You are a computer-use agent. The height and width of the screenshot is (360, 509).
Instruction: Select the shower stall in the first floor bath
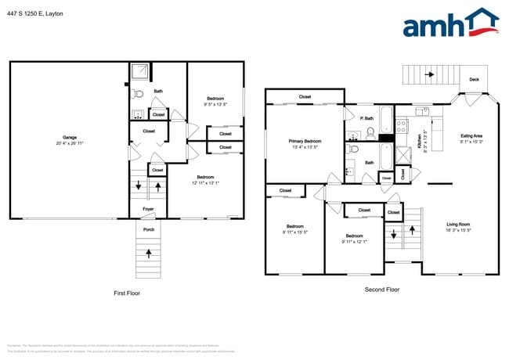(140, 72)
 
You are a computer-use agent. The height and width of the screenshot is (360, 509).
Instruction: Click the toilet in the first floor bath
(138, 93)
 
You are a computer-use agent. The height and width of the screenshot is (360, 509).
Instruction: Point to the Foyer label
(147, 210)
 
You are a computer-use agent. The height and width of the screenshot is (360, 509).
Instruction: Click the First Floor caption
(128, 293)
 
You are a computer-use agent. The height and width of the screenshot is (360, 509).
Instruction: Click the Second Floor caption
(382, 290)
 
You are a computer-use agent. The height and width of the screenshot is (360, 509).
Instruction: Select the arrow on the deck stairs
(428, 75)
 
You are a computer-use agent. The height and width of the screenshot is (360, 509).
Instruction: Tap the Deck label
(474, 80)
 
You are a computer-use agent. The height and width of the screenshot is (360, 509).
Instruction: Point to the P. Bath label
(366, 118)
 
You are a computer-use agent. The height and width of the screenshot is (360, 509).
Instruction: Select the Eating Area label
(471, 136)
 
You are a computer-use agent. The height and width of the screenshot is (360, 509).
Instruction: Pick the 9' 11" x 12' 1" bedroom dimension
(354, 241)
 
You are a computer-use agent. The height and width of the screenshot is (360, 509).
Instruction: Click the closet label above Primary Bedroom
(305, 97)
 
